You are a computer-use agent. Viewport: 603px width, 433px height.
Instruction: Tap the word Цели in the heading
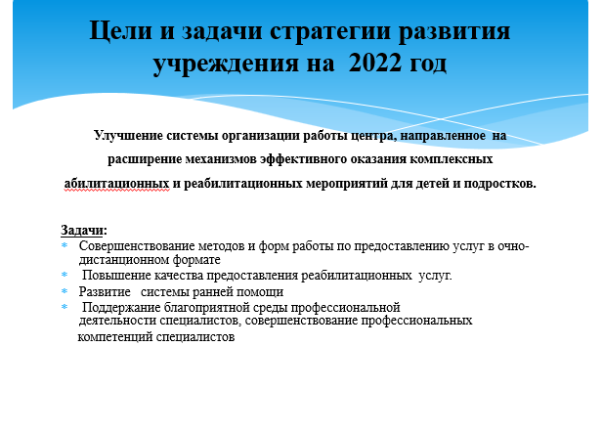pos(120,30)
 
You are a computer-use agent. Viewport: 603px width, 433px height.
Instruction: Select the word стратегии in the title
pos(330,31)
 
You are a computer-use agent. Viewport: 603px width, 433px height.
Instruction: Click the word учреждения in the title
pos(226,64)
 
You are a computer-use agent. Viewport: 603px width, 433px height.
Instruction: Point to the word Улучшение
pos(128,135)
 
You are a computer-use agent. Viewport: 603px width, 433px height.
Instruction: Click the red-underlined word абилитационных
pos(117,184)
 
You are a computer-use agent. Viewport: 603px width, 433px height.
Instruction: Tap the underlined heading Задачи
pos(82,230)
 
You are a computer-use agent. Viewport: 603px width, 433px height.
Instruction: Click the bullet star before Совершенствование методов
pos(65,244)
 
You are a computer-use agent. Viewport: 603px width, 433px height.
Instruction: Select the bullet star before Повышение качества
pos(65,275)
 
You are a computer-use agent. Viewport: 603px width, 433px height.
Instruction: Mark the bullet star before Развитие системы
pos(65,290)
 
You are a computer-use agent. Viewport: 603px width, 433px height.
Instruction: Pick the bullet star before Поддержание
pos(65,307)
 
